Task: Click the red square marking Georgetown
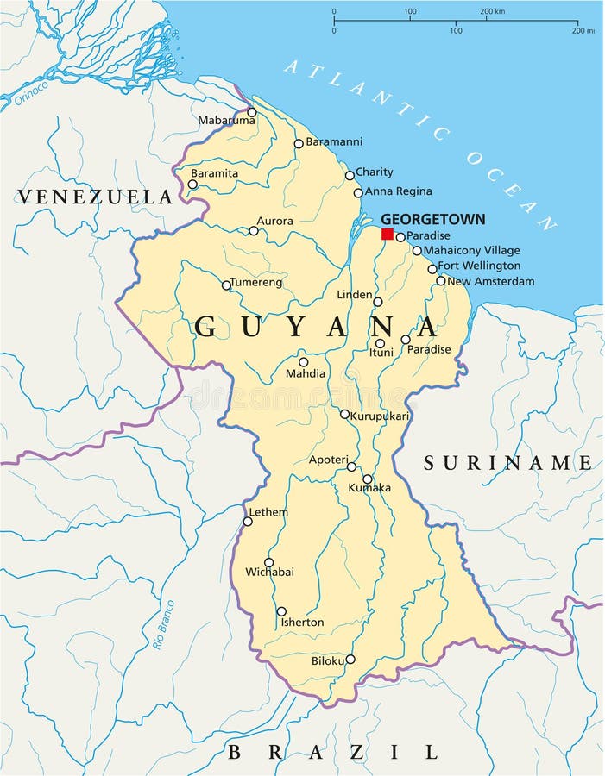coord(388,234)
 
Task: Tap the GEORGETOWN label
coord(432,219)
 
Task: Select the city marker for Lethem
coord(248,521)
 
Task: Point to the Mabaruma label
coord(226,121)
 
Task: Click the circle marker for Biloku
coord(350,659)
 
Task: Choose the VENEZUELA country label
coord(95,197)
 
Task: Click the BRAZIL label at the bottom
coord(332,752)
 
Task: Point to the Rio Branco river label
coord(163,624)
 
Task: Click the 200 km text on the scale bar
coord(492,11)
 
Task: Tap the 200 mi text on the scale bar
coord(583,30)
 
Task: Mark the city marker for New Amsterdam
coord(441,280)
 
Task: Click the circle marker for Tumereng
coord(226,285)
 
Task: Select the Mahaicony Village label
coord(471,250)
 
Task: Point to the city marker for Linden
coord(377,302)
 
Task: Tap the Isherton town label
coord(302,622)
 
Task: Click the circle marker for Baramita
coord(192,185)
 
